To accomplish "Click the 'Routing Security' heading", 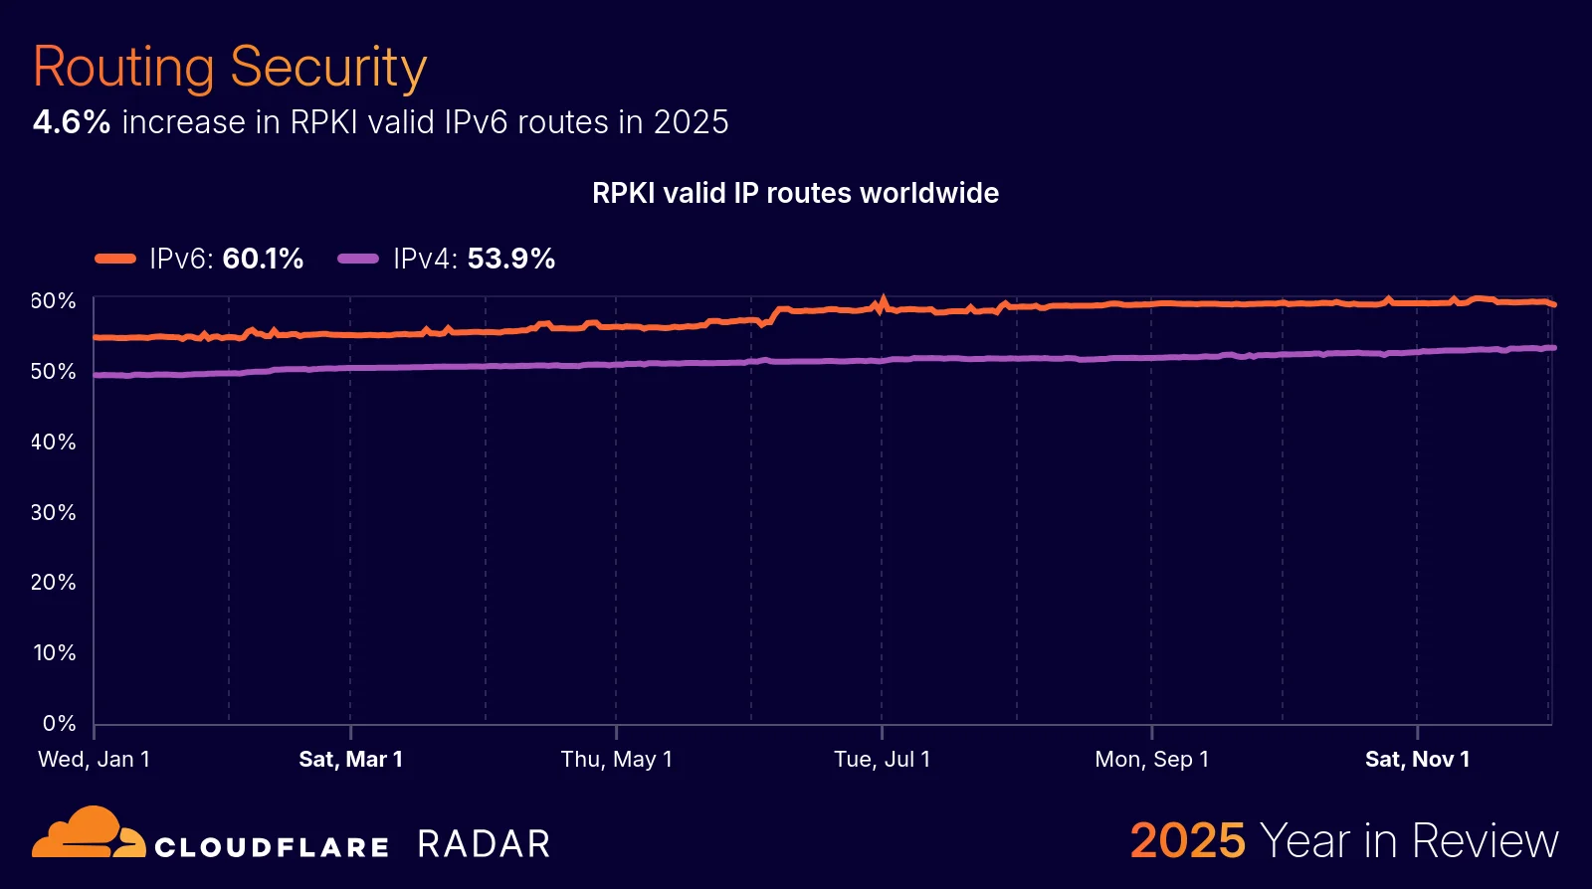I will coord(230,68).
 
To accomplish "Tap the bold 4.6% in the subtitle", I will coord(72,122).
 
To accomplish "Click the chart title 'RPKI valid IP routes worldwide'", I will coord(795,193).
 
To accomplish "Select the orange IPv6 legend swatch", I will coord(115,259).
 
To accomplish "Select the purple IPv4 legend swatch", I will coord(358,259).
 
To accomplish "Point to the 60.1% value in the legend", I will coord(263,259).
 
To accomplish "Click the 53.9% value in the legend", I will coord(510,259).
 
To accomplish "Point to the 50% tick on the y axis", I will coord(53,371).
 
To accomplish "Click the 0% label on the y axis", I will coord(59,723).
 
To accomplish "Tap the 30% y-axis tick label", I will coord(53,512).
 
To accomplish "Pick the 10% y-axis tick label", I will coord(54,652).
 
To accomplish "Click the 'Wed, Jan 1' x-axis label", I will coord(94,759).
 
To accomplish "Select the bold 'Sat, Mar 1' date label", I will coord(350,759).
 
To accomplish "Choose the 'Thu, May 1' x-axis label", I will coord(616,759).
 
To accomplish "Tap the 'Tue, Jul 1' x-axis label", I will coord(882,759).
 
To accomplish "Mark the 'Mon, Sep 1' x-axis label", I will coord(1151,759).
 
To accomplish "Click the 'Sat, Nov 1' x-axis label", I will coord(1417,759).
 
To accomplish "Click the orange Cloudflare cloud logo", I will coord(89,833).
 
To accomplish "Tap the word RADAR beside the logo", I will coord(484,844).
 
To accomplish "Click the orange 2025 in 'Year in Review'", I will coord(1187,841).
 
